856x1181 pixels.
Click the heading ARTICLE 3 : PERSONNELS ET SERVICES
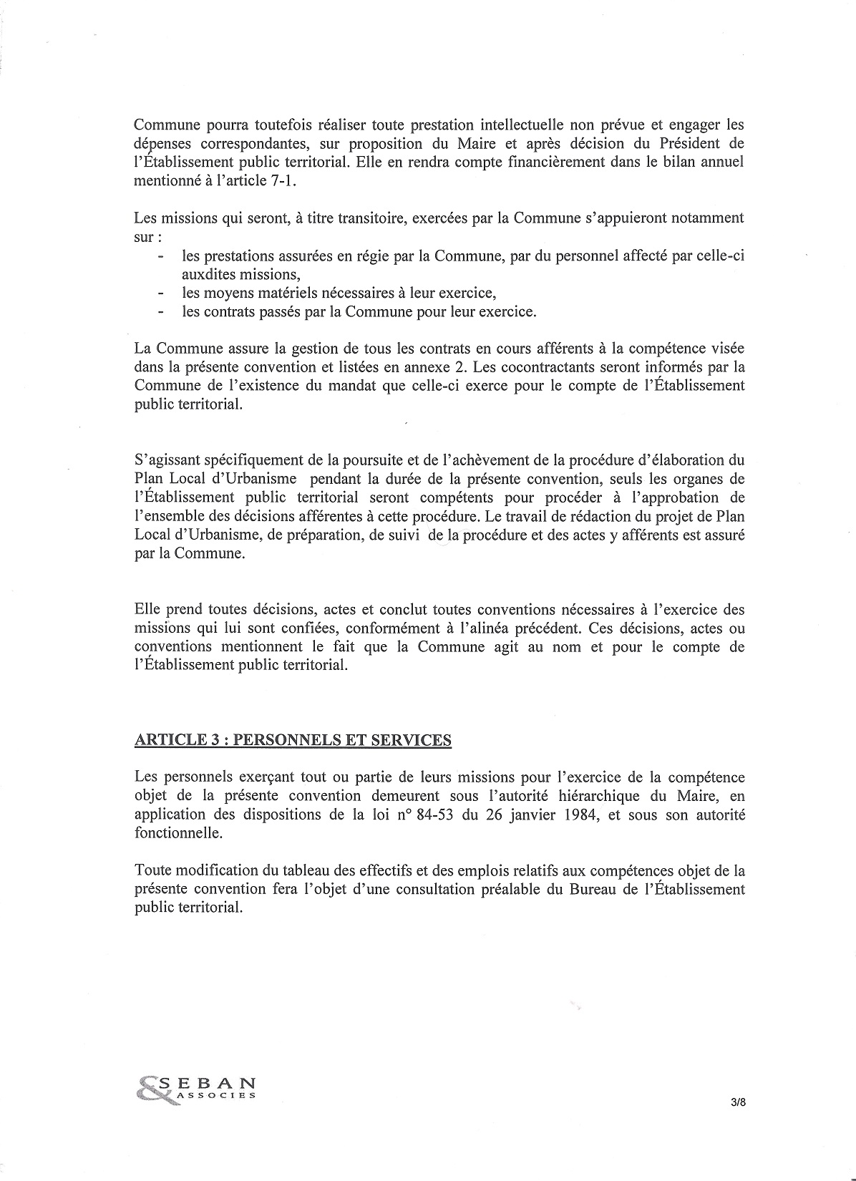[x=293, y=740]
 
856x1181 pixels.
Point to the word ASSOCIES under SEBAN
[x=218, y=1095]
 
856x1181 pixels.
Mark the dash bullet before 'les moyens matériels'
[x=162, y=293]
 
